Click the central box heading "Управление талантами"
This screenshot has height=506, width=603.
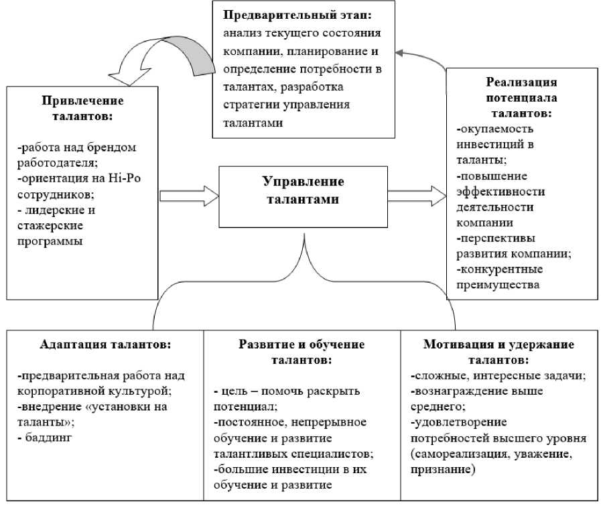click(303, 190)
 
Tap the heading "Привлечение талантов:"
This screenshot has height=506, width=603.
click(83, 108)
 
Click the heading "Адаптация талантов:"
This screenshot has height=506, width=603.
click(105, 345)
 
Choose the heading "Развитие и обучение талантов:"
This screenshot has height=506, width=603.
click(302, 352)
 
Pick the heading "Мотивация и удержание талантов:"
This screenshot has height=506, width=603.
click(498, 352)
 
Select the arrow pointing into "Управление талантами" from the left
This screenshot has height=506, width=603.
click(189, 196)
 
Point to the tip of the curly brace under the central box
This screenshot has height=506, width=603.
click(304, 236)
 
